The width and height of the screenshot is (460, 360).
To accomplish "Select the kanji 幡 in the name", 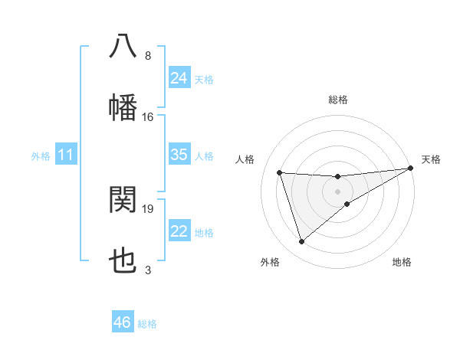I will [123, 107].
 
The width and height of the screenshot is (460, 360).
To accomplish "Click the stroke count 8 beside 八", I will [148, 56].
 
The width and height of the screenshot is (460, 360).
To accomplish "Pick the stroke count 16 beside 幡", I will [148, 117].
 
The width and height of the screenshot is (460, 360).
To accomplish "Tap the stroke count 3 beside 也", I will [148, 270].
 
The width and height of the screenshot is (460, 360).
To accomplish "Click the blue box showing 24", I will [179, 78].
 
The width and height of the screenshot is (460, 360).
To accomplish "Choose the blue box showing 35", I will [179, 155].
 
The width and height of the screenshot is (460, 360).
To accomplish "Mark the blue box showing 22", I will [179, 231].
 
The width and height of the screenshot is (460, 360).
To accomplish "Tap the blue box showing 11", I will [66, 155].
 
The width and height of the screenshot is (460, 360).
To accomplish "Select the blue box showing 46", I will [123, 322].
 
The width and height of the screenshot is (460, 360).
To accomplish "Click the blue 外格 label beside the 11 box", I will [41, 156].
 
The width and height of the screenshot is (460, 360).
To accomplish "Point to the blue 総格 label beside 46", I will [147, 324].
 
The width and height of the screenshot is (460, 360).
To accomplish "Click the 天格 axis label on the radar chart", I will [431, 159].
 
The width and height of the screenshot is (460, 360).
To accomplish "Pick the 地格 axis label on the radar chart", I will [402, 262].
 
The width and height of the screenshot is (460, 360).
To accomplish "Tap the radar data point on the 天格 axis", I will [411, 168].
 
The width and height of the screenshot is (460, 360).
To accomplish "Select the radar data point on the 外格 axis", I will [301, 242].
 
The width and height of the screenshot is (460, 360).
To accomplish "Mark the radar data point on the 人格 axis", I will [280, 172].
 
